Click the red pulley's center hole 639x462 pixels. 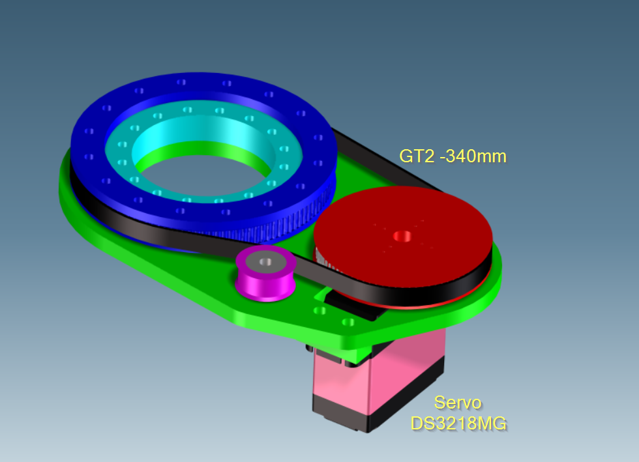(402, 236)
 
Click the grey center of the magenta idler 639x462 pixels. (266, 262)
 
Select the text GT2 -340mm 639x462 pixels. (453, 156)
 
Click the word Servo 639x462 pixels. (458, 403)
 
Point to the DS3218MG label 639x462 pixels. (459, 424)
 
